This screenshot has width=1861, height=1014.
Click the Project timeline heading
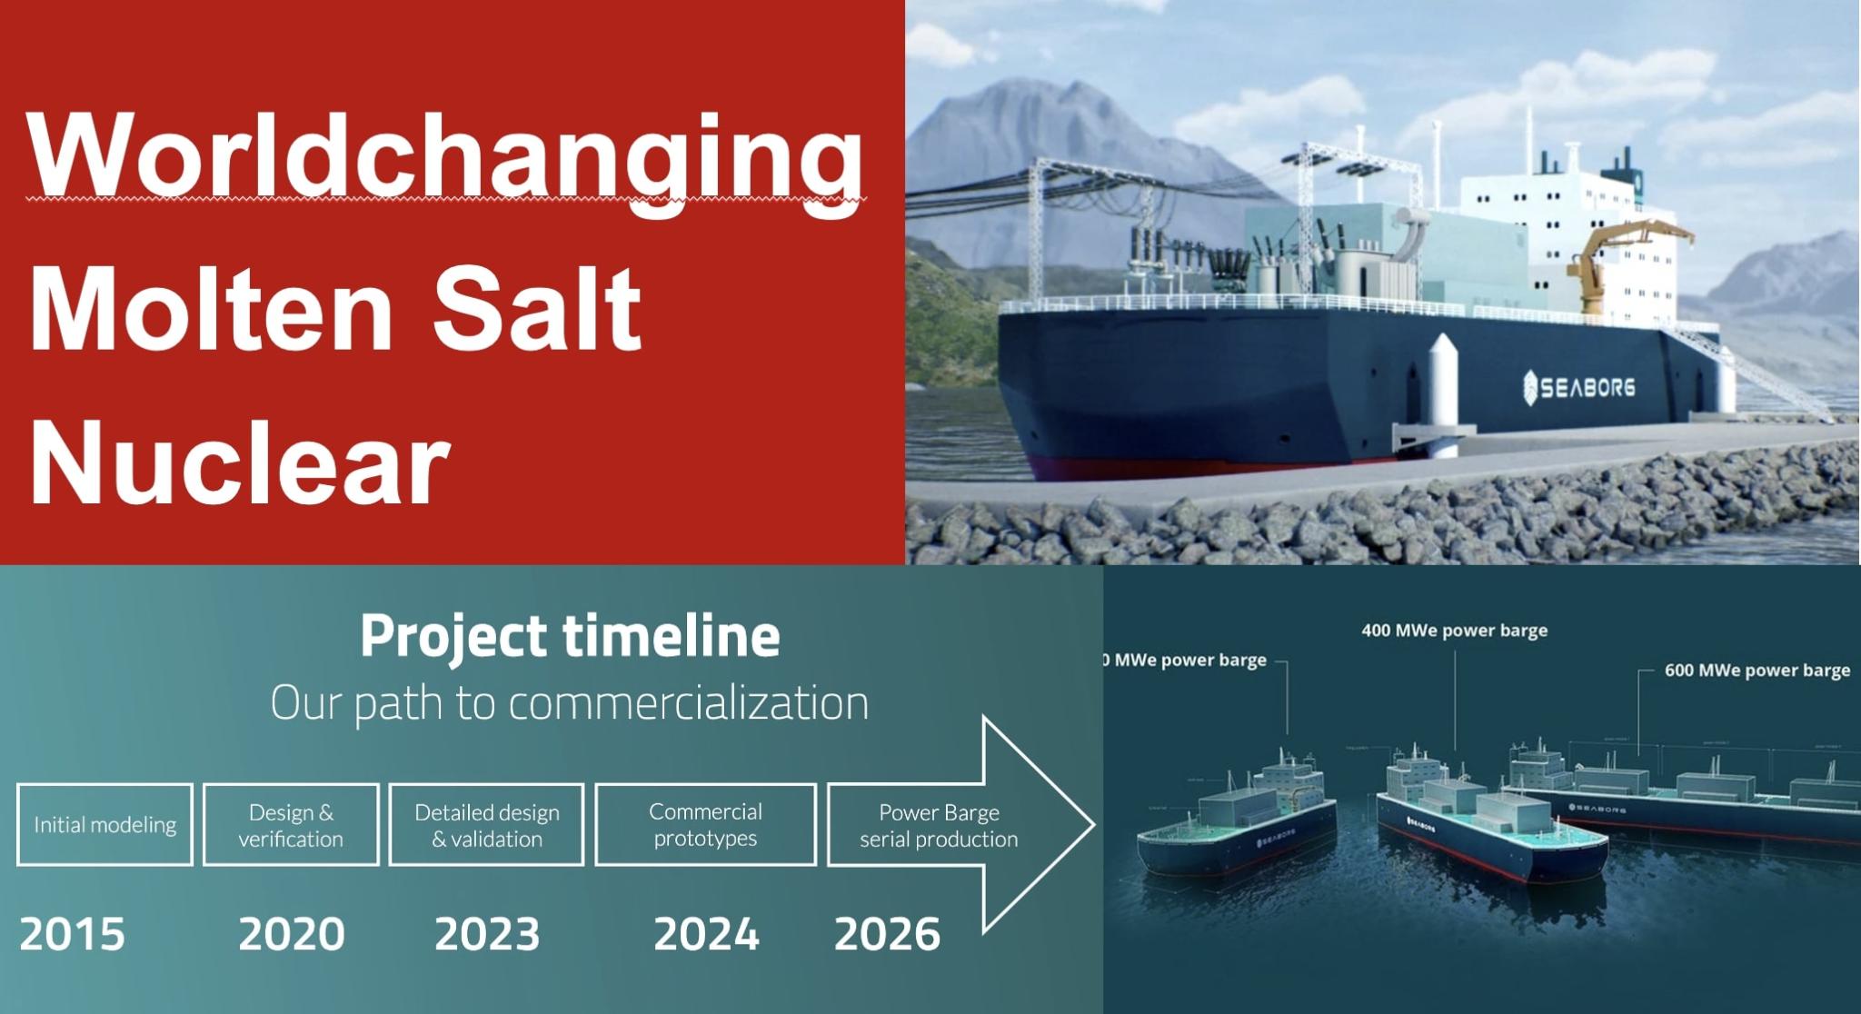pyautogui.click(x=570, y=635)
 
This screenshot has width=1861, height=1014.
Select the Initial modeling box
pyautogui.click(x=104, y=824)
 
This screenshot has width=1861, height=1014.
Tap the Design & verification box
pyautogui.click(x=291, y=824)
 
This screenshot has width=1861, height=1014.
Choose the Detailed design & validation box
pyautogui.click(x=486, y=824)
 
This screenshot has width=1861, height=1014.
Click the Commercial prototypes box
pyautogui.click(x=705, y=824)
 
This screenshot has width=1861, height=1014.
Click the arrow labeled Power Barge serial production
pyautogui.click(x=945, y=825)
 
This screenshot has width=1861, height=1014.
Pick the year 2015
pyautogui.click(x=72, y=934)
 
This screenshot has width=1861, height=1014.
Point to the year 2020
pyautogui.click(x=291, y=934)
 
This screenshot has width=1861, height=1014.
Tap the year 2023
pyautogui.click(x=487, y=934)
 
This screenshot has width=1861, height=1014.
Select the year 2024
pyautogui.click(x=706, y=934)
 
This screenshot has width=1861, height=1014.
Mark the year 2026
pyautogui.click(x=887, y=934)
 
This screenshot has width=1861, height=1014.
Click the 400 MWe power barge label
pyautogui.click(x=1454, y=630)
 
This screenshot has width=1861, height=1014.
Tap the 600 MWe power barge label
pyautogui.click(x=1757, y=670)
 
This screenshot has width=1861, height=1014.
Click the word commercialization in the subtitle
pyautogui.click(x=688, y=702)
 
